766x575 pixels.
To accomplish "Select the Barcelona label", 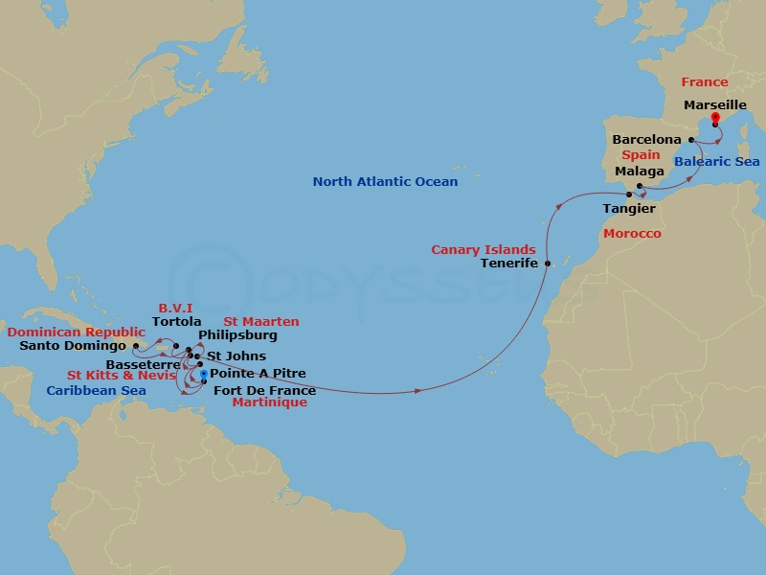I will click(x=646, y=139).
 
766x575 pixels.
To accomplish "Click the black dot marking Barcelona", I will click(x=690, y=139).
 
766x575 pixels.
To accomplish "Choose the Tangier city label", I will click(x=629, y=208).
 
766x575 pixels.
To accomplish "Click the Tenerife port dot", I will click(x=548, y=264).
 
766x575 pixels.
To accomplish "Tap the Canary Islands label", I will click(x=484, y=249).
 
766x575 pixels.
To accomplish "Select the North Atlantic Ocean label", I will click(x=385, y=181).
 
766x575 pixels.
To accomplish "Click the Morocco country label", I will click(x=631, y=233).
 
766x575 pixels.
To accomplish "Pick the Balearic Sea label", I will click(x=716, y=162).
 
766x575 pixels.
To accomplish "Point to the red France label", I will click(x=705, y=82).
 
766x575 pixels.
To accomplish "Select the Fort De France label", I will click(x=264, y=390).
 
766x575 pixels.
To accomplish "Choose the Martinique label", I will click(x=270, y=402).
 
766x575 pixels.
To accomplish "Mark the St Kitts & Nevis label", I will click(x=121, y=375).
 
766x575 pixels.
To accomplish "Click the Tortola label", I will click(x=176, y=322).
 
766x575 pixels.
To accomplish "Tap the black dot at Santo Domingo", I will click(x=135, y=346).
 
